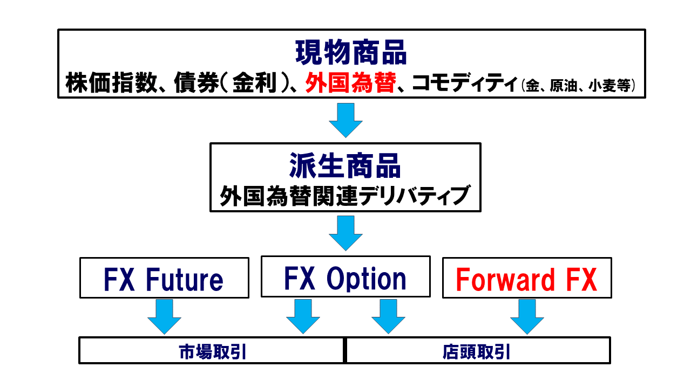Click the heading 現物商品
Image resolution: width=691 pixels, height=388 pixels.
(351, 52)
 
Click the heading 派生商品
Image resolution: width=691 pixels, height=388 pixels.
(345, 166)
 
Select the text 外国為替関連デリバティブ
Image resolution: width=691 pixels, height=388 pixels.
(345, 196)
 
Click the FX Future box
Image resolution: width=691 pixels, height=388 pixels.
(164, 278)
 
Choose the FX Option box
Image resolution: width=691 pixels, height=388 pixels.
(345, 277)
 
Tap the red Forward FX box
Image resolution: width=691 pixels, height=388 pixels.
(527, 278)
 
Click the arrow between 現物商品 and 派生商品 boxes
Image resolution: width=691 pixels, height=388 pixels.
(345, 120)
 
